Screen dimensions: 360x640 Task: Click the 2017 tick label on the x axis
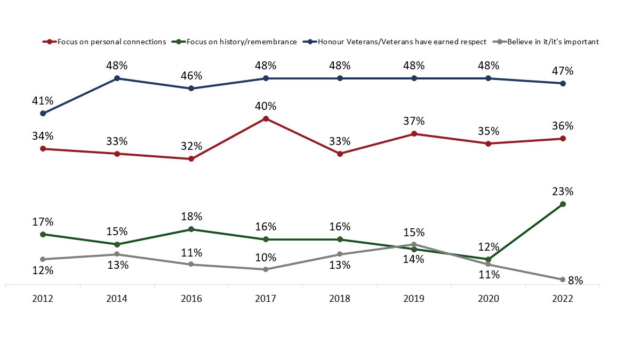[266, 299]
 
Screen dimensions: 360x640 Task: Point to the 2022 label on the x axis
[563, 299]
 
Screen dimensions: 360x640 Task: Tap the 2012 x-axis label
[43, 299]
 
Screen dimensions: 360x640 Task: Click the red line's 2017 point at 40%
[266, 118]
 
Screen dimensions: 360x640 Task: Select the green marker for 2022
[563, 204]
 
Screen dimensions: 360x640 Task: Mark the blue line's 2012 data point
[43, 114]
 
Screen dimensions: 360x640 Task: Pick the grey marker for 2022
[563, 279]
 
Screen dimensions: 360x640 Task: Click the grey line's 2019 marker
[414, 244]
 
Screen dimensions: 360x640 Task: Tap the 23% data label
[563, 191]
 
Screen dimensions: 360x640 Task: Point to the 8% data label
[575, 280]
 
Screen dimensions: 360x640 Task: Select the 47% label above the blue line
[563, 71]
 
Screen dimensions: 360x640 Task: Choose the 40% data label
[266, 106]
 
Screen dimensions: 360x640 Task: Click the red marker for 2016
[191, 159]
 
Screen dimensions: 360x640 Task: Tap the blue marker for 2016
[191, 89]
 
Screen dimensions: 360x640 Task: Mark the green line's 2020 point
[488, 259]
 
